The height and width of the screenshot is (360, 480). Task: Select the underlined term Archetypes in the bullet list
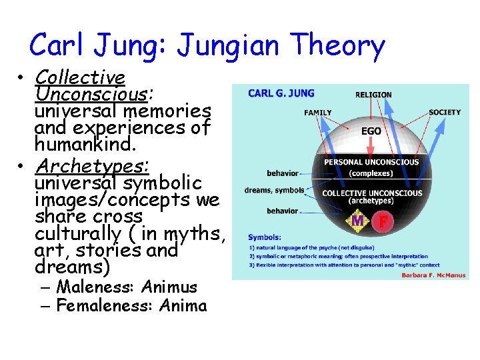click(x=92, y=165)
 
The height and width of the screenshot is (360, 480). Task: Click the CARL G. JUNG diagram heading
click(x=281, y=94)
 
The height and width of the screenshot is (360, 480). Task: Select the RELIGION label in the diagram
click(x=373, y=95)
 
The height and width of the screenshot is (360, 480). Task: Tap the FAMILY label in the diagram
click(x=317, y=113)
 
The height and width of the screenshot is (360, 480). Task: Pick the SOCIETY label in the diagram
click(x=445, y=112)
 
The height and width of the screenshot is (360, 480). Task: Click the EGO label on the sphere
click(x=371, y=131)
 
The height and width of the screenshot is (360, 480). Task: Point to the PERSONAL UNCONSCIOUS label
click(x=371, y=162)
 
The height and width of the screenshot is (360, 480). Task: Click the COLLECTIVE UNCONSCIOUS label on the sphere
click(x=371, y=193)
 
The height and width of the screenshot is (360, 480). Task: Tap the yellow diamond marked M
click(x=357, y=221)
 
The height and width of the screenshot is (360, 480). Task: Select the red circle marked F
click(x=383, y=221)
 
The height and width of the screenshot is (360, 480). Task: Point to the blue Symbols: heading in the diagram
click(x=264, y=237)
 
